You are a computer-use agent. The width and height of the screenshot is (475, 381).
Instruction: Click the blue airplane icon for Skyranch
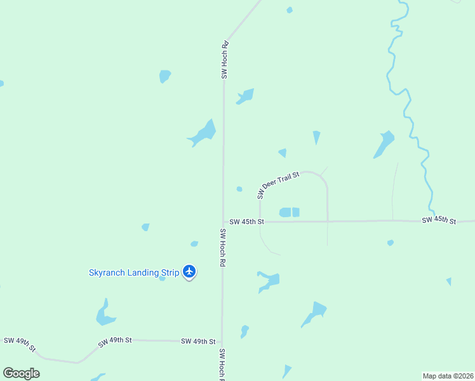pos(189,272)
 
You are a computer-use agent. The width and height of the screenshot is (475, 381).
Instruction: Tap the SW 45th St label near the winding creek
pos(439,220)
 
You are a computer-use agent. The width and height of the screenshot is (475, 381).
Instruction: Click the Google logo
pos(21,373)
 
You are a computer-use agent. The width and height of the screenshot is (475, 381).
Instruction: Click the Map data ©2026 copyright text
pos(448,376)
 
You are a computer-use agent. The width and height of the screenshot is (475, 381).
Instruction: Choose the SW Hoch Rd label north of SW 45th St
pos(224,60)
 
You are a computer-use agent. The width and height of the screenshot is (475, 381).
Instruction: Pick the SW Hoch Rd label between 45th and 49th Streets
pos(223,247)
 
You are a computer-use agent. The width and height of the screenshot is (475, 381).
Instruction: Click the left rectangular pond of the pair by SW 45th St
pos(285,212)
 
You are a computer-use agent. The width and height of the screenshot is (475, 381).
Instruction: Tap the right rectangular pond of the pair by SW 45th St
pos(296,212)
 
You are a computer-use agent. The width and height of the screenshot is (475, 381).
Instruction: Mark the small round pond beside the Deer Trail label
pos(239,189)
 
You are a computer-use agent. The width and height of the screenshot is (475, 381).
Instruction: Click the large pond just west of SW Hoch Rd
pos(204,133)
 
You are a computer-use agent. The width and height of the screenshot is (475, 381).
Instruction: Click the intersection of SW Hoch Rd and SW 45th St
pos(223,222)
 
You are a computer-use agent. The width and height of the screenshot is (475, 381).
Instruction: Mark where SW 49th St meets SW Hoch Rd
pos(222,341)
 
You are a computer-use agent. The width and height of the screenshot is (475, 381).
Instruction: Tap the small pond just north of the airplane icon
pos(194,244)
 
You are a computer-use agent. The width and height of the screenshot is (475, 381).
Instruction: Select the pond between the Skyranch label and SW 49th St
pos(104,314)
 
